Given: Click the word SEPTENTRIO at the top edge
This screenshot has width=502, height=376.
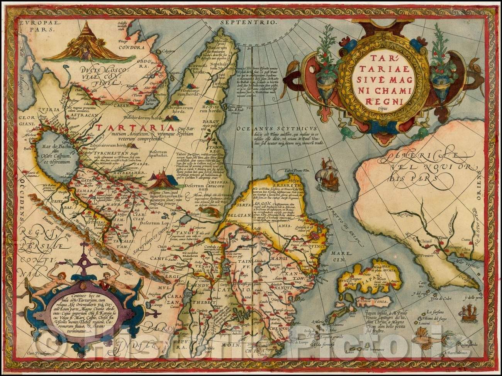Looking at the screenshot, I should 251,22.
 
